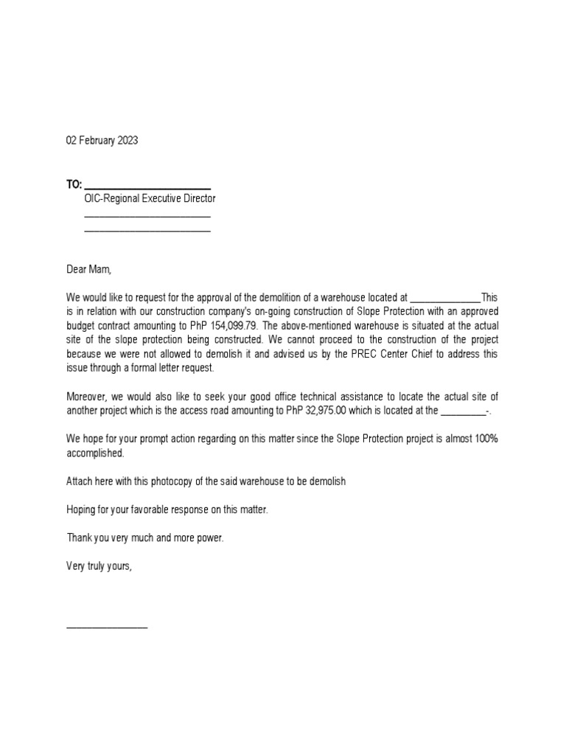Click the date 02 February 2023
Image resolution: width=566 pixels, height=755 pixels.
click(x=102, y=140)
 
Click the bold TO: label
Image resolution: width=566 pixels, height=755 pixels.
click(x=74, y=184)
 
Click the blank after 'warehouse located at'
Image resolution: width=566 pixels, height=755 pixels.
click(x=444, y=299)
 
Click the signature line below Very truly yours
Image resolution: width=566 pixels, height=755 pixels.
click(x=107, y=627)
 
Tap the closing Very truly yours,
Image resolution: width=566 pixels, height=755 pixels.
click(x=99, y=566)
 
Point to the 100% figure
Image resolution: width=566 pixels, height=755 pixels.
click(x=483, y=439)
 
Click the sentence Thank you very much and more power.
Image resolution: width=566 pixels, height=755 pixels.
click(x=144, y=537)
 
